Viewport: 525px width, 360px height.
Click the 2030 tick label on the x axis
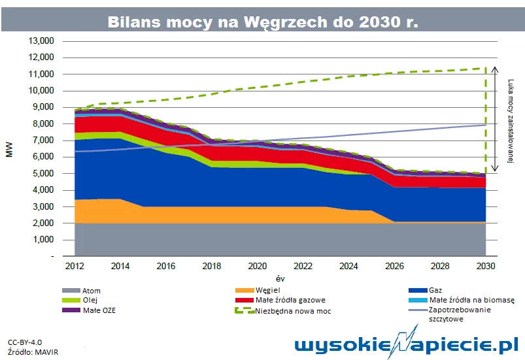coord(485,266)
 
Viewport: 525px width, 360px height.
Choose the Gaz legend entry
coord(435,290)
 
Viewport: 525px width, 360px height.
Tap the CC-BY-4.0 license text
coord(25,342)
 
